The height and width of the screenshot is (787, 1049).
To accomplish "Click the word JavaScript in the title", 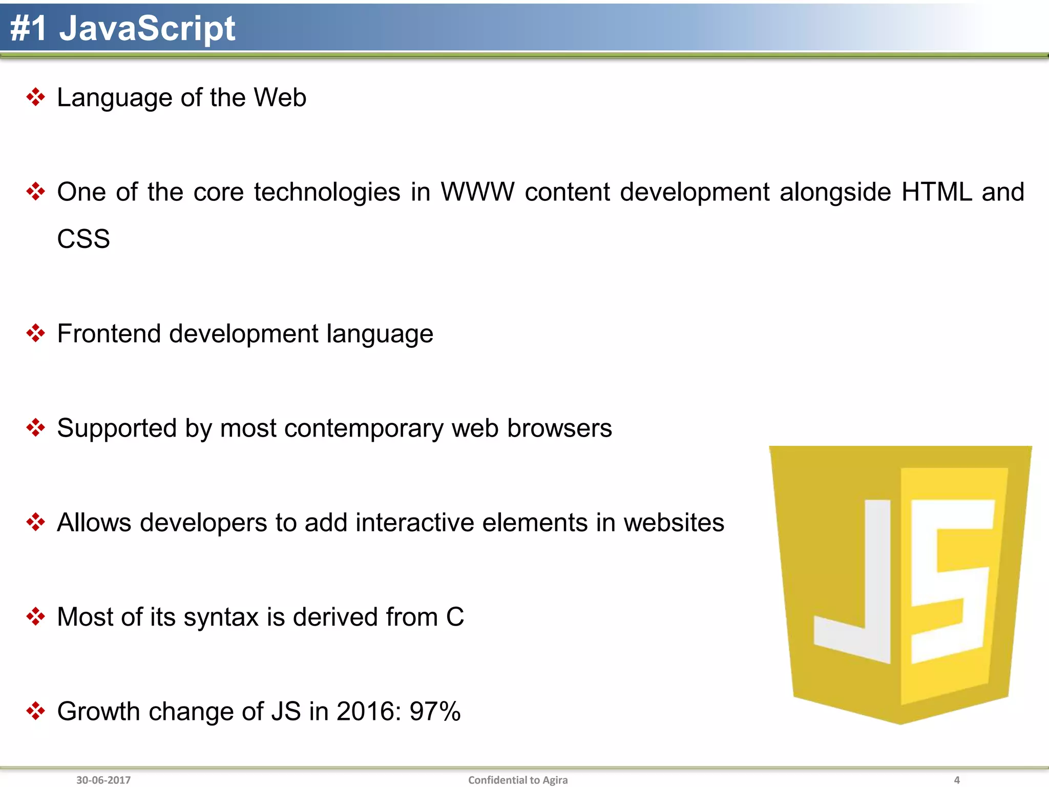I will pyautogui.click(x=148, y=29).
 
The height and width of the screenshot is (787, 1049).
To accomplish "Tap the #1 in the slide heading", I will pyautogui.click(x=29, y=29).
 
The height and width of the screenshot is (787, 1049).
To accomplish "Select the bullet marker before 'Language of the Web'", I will pyautogui.click(x=35, y=97).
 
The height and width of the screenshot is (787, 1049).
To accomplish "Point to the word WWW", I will pyautogui.click(x=477, y=192).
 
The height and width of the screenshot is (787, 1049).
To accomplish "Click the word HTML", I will pyautogui.click(x=936, y=192).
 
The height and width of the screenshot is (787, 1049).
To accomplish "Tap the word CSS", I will pyautogui.click(x=83, y=239).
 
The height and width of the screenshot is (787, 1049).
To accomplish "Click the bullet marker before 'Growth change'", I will pyautogui.click(x=35, y=711).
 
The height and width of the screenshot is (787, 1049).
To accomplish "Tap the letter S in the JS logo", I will pyautogui.click(x=952, y=579).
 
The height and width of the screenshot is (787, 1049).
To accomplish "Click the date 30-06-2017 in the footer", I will pyautogui.click(x=103, y=780).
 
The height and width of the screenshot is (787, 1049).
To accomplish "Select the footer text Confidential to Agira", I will pyautogui.click(x=518, y=780).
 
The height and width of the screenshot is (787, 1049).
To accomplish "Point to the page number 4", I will pyautogui.click(x=956, y=780).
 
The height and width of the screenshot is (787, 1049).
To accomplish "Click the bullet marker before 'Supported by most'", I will pyautogui.click(x=35, y=428).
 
